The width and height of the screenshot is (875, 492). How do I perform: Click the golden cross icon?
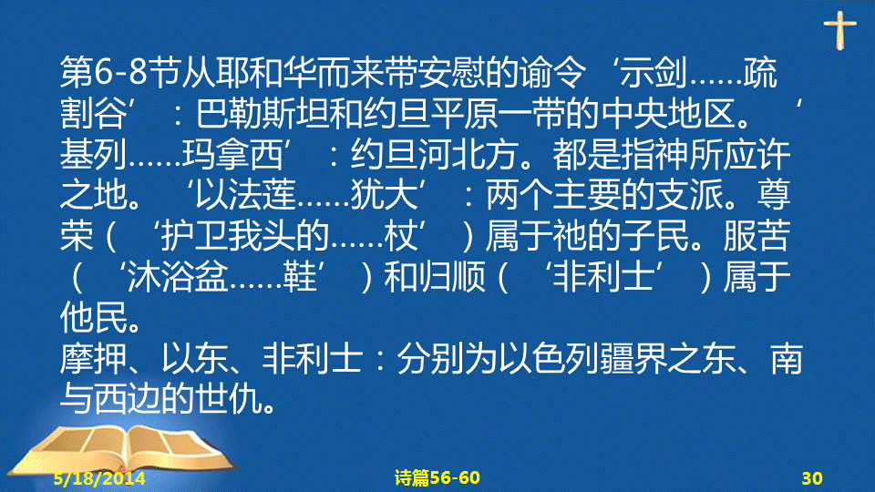tap(839, 30)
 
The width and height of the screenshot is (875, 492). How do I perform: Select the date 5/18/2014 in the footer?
tap(99, 478)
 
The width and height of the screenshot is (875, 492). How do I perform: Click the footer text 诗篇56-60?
tap(437, 478)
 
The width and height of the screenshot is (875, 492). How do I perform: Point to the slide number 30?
tap(812, 478)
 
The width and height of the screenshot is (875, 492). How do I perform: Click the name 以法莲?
tap(245, 195)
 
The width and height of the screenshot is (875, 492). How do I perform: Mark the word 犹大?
tap(385, 195)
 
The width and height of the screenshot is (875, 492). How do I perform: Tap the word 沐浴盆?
tap(178, 277)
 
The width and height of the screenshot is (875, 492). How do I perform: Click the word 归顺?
tap(451, 277)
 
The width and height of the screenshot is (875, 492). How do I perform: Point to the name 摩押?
tap(94, 358)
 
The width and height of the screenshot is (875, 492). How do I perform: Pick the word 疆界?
tap(634, 358)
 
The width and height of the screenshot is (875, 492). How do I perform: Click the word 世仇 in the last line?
tap(229, 399)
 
